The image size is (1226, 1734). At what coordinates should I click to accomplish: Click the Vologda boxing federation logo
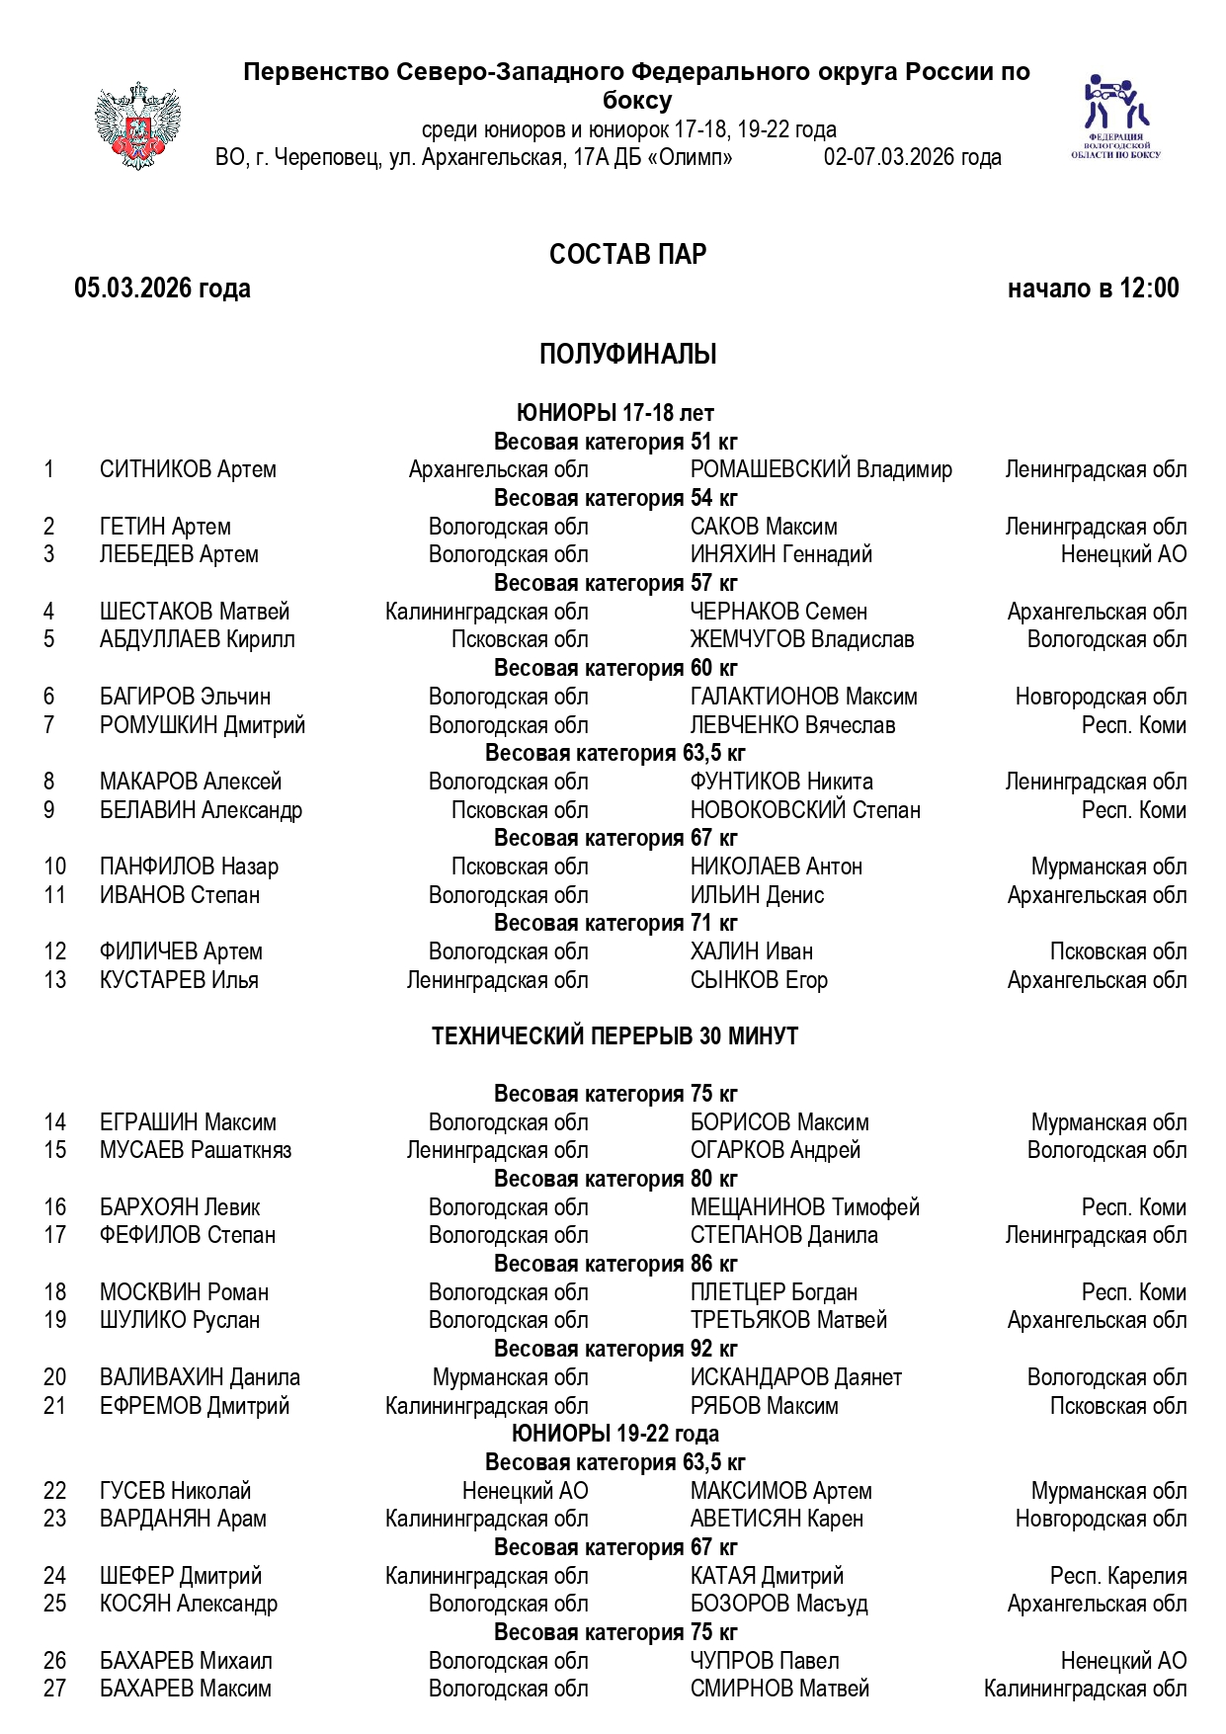[x=1115, y=116]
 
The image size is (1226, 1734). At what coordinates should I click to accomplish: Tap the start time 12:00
[x=1149, y=289]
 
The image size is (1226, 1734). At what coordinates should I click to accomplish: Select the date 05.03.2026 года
[x=162, y=289]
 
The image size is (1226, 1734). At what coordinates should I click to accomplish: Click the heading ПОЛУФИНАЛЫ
[x=627, y=354]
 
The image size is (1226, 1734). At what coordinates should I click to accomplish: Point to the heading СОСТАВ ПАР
[x=627, y=255]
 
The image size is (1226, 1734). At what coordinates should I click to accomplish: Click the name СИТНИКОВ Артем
[x=188, y=469]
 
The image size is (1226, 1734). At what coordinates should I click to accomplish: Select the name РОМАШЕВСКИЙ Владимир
[x=821, y=469]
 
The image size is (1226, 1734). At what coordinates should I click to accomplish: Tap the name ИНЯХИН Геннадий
[x=780, y=554]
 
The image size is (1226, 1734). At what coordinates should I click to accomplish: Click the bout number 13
[x=55, y=980]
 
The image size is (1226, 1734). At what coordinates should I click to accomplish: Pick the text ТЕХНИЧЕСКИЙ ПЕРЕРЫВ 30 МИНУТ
[x=614, y=1036]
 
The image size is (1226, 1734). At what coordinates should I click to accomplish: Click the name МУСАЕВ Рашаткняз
[x=196, y=1150]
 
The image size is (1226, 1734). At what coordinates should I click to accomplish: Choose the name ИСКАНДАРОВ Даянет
[x=795, y=1377]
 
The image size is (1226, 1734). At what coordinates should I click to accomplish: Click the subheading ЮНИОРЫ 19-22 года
[x=614, y=1434]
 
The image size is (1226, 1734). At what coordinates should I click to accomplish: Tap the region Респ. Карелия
[x=1118, y=1576]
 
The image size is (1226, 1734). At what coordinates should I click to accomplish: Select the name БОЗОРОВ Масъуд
[x=778, y=1604]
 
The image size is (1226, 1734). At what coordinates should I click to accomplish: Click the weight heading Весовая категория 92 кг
[x=614, y=1349]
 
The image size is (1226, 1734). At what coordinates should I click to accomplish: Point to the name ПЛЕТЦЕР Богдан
[x=774, y=1292]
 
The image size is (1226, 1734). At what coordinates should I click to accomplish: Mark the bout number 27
[x=55, y=1689]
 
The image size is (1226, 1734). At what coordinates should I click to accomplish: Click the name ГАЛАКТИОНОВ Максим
[x=803, y=697]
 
